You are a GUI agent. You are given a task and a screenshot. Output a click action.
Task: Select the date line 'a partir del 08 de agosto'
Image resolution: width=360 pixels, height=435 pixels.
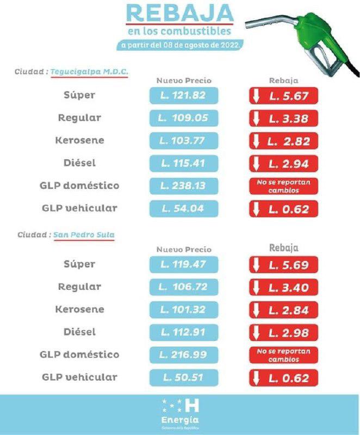(179, 45)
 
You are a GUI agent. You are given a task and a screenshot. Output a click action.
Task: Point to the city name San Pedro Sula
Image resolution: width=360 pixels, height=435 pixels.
(84, 235)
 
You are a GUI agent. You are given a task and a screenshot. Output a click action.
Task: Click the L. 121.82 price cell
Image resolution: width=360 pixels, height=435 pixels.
(183, 96)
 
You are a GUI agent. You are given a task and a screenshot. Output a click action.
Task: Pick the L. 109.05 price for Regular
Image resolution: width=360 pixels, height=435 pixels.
(183, 118)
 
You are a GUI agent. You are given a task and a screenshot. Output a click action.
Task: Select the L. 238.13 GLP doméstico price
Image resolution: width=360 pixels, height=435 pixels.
(183, 186)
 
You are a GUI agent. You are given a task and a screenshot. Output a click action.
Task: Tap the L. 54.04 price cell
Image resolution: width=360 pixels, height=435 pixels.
(183, 209)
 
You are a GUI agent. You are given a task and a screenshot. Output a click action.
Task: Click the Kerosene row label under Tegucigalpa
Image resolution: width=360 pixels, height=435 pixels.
(79, 140)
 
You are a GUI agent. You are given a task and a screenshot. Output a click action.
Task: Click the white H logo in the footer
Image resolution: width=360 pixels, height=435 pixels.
(191, 405)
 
